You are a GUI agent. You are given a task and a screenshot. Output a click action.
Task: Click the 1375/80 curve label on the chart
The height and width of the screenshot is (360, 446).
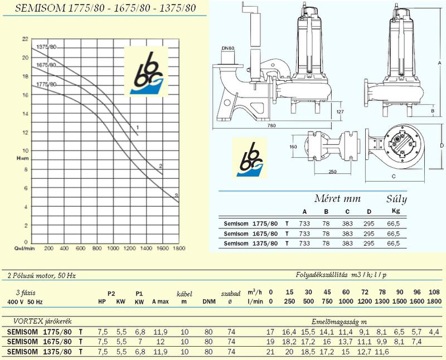46,47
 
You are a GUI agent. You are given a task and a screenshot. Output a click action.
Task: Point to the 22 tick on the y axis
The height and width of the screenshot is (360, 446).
25,39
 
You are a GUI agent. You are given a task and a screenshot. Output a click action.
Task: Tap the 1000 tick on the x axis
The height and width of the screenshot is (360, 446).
113,248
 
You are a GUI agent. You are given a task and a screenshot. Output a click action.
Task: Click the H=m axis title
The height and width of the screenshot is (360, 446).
23,158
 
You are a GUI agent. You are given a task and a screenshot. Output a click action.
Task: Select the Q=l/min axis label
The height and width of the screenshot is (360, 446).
25,248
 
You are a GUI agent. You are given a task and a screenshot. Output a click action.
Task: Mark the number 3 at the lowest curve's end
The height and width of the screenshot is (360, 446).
176,196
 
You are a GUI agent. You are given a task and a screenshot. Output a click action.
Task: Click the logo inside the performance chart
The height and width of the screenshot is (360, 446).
146,71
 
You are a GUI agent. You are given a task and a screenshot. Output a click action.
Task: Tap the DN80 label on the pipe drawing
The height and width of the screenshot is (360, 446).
227,48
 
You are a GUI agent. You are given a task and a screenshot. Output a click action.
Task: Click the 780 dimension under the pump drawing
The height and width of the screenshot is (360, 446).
272,125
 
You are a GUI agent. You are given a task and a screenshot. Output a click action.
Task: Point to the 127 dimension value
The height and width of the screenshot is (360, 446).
340,112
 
